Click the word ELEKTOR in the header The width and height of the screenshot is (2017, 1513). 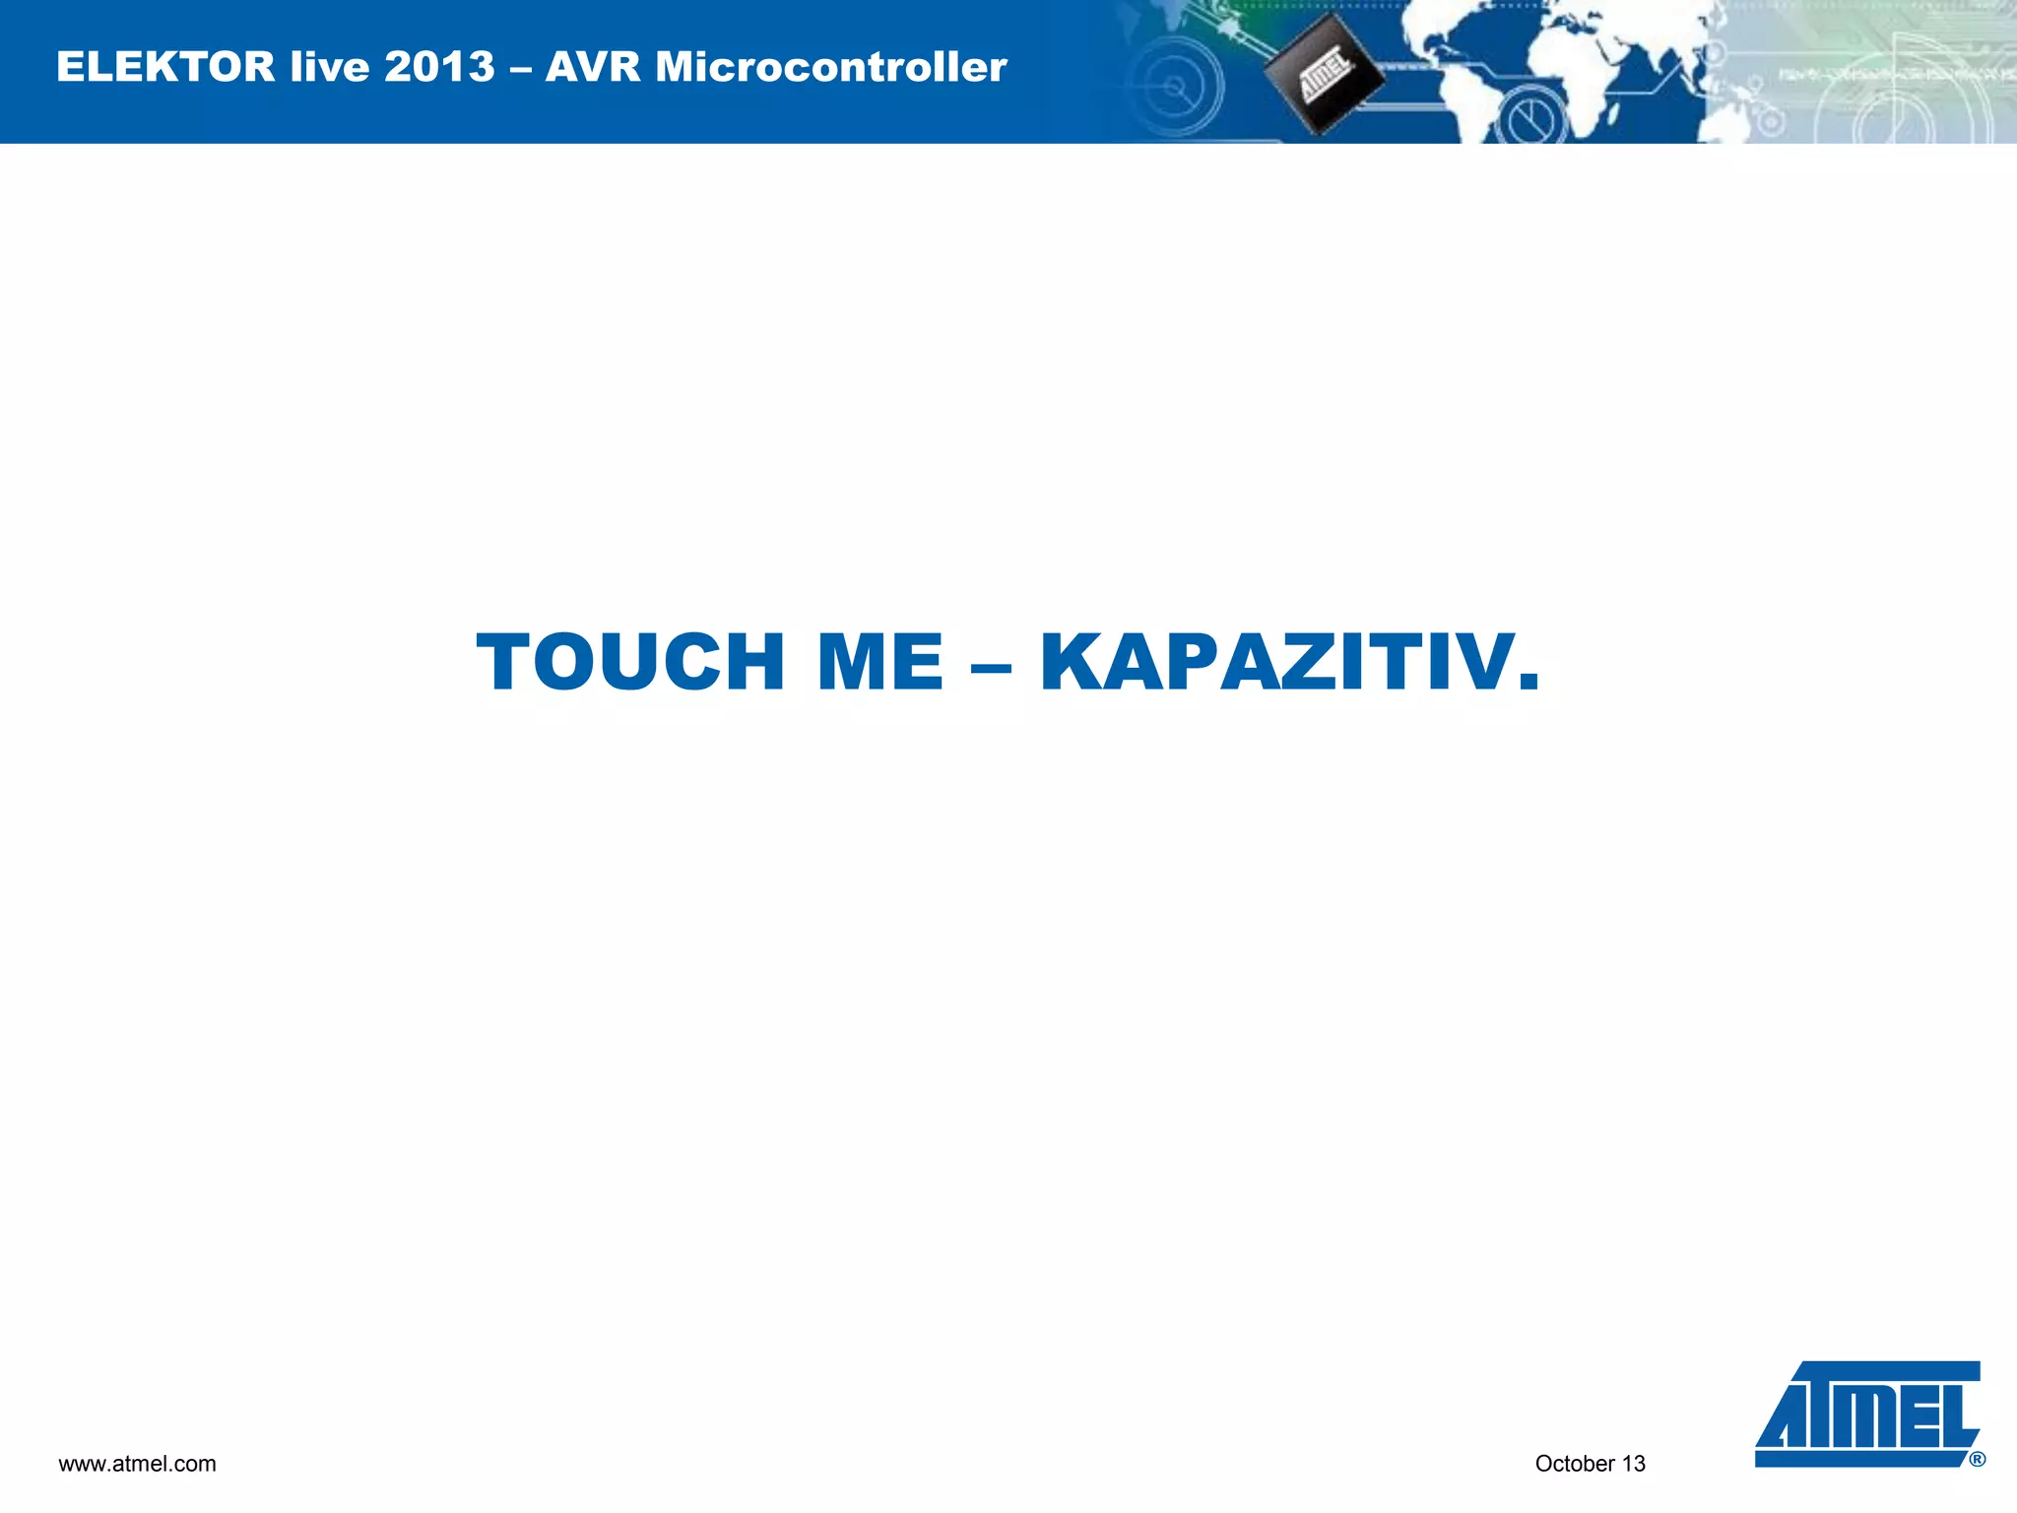tap(165, 67)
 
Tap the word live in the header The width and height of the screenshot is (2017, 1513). tap(329, 67)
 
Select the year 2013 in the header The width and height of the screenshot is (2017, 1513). tap(439, 67)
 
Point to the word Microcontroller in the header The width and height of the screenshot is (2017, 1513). tap(831, 67)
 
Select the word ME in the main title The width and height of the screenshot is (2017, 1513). tap(880, 663)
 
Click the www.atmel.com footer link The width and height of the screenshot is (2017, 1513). tap(137, 1464)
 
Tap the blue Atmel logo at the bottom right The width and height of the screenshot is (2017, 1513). tap(1867, 1413)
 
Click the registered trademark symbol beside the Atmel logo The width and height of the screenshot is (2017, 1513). tap(1977, 1460)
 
